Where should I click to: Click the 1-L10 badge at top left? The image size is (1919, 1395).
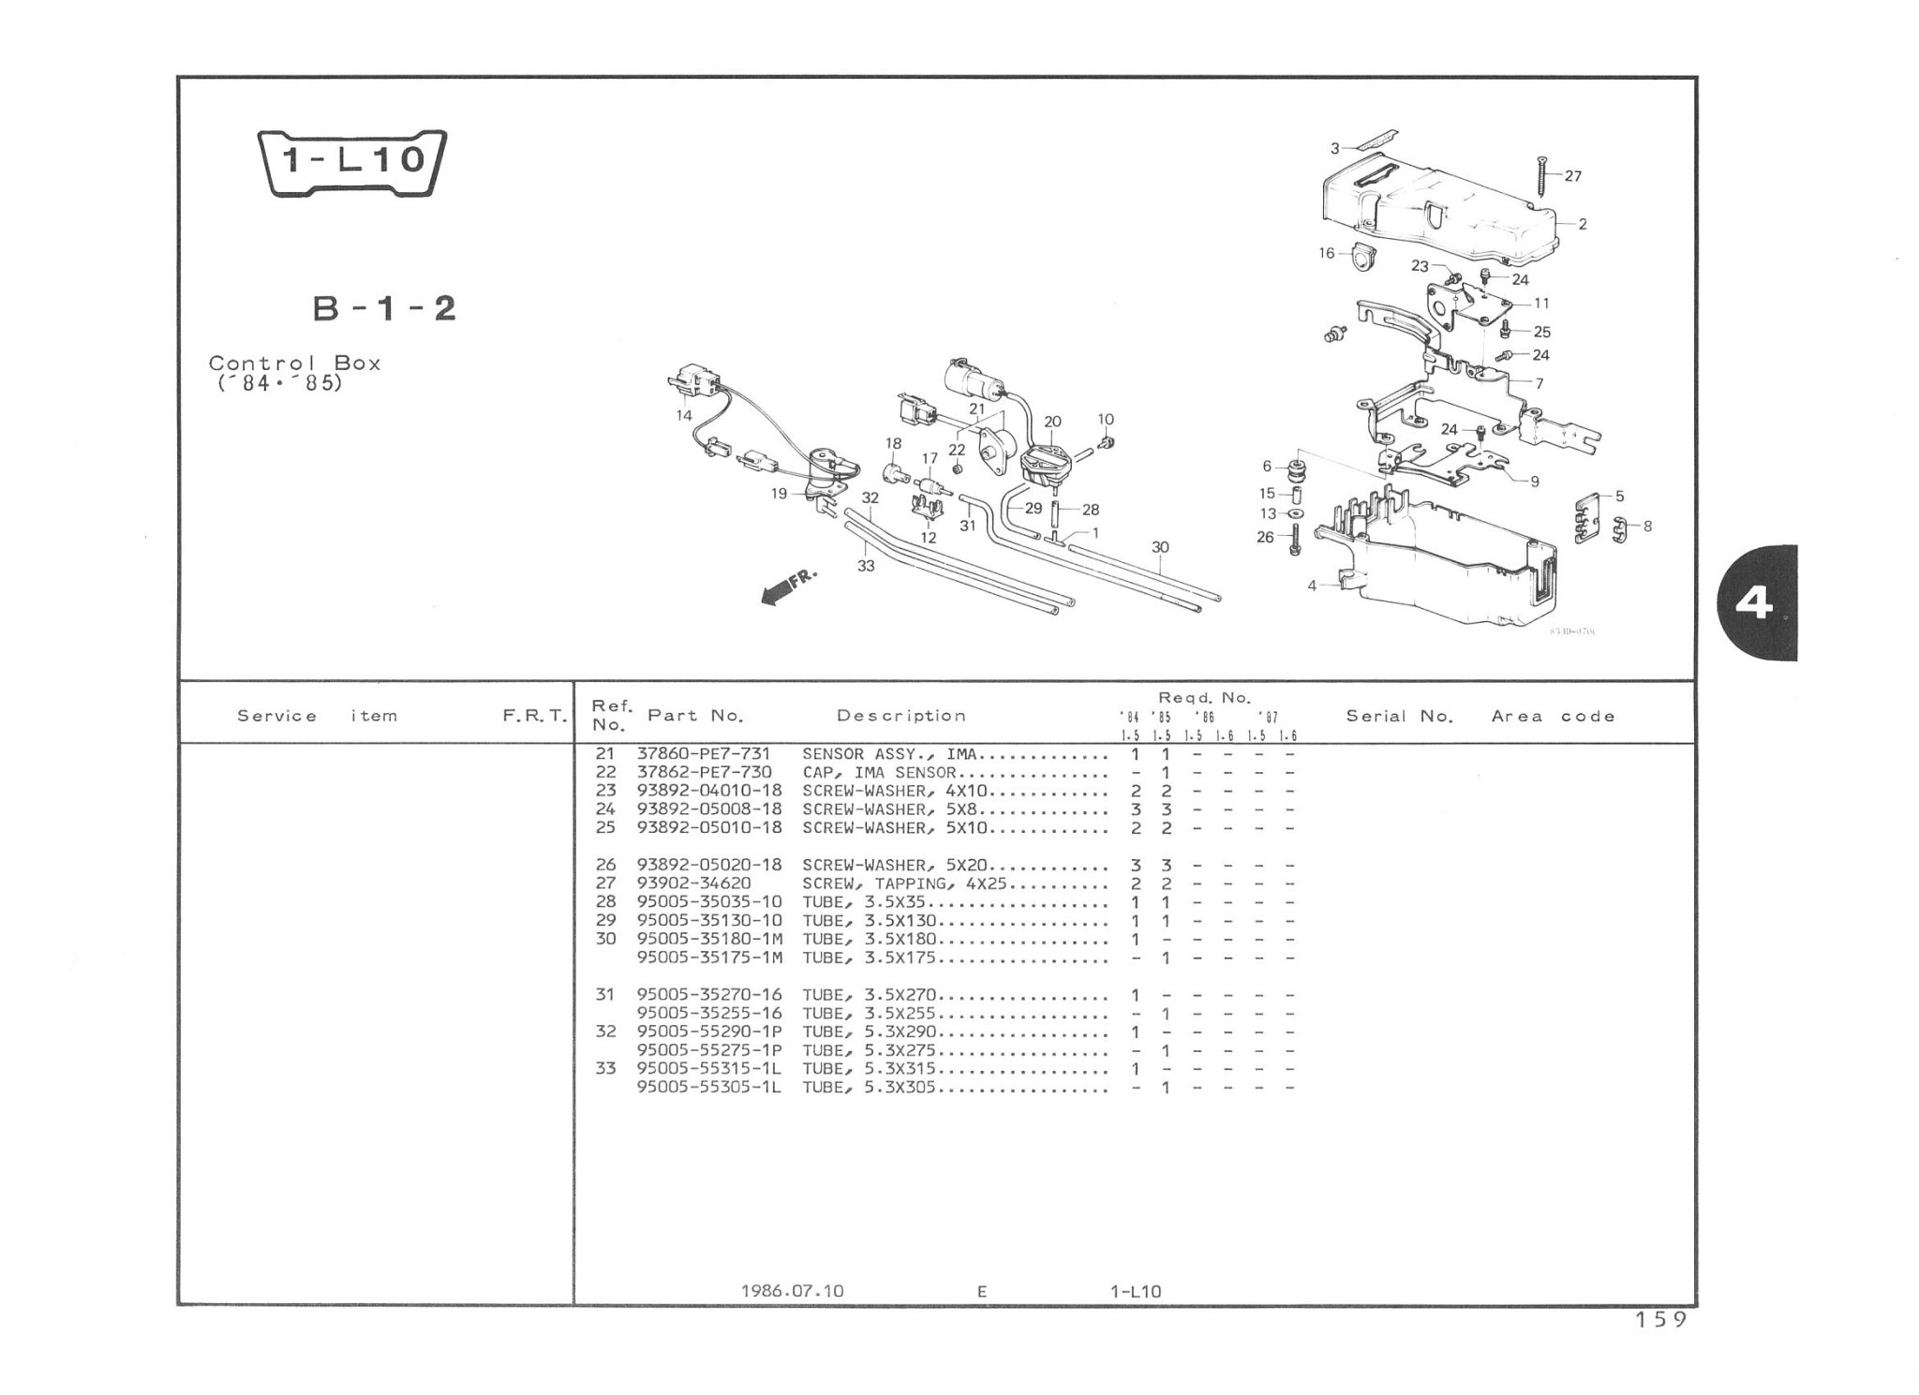351,161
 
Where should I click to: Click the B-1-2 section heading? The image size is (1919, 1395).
384,308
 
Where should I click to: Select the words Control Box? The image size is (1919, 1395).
294,363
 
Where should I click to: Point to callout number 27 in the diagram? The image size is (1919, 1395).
1573,176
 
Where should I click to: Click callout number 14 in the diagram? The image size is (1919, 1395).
684,415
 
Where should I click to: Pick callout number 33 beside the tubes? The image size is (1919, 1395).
866,566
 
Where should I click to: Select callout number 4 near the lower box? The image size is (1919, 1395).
1312,586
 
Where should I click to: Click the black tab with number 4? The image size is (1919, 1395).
1754,602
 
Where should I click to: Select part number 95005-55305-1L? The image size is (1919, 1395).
709,1087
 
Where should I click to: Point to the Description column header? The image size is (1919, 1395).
900,716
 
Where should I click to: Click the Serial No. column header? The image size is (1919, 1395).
1399,716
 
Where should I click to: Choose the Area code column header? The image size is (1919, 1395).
1553,716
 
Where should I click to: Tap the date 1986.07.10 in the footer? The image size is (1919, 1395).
792,1290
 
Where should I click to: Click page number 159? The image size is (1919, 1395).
1660,1319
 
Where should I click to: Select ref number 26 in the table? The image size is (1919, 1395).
605,865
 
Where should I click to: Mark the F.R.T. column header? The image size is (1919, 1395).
534,716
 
